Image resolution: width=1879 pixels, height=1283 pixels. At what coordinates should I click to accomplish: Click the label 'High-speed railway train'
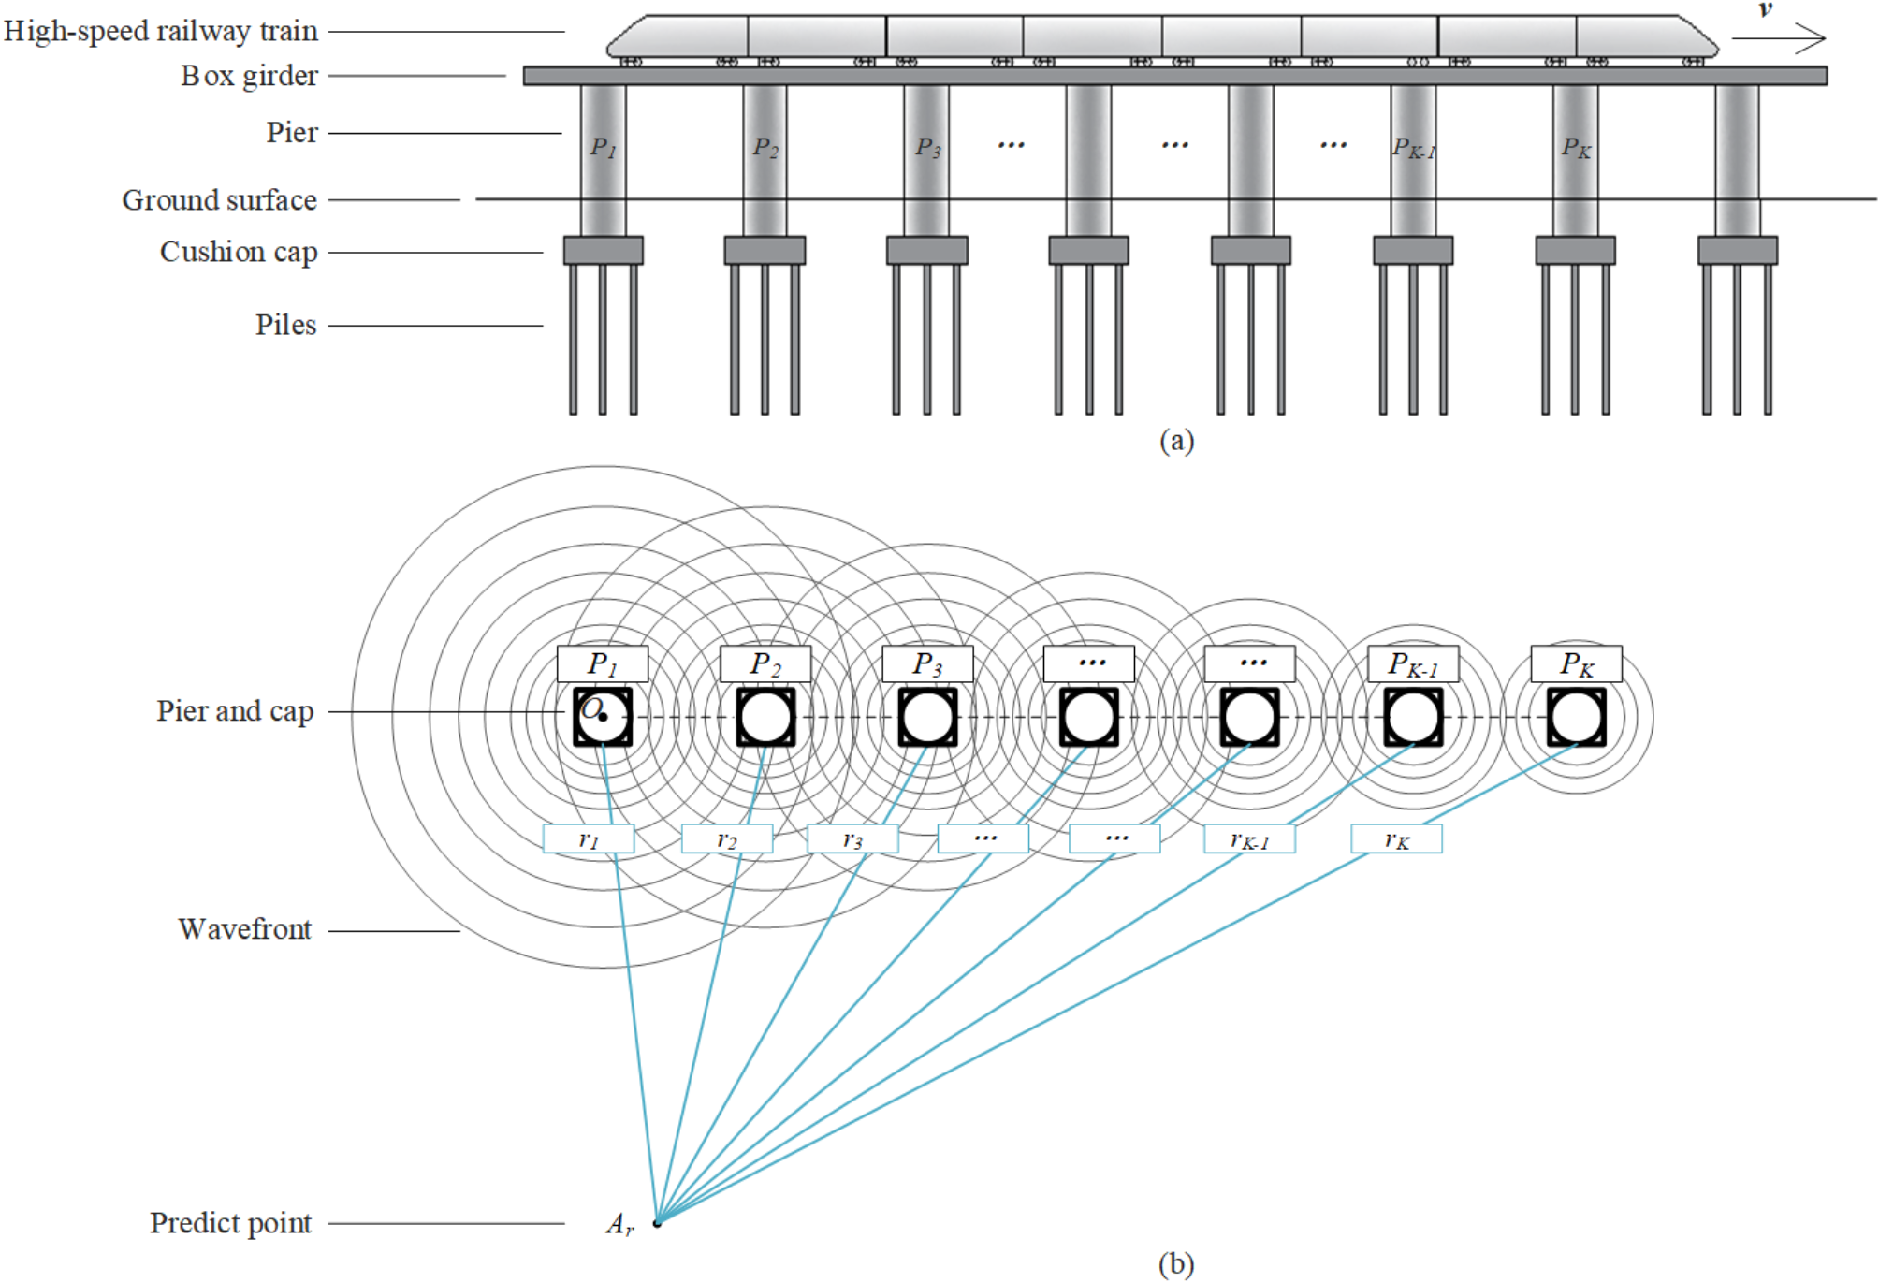[161, 32]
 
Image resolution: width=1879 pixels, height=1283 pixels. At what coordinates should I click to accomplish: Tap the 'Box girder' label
[249, 76]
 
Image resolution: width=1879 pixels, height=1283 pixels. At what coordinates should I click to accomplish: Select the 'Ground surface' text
[219, 200]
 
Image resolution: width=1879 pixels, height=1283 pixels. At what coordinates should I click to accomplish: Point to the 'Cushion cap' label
[239, 252]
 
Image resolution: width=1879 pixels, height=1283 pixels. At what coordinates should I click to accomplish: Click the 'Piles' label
[285, 325]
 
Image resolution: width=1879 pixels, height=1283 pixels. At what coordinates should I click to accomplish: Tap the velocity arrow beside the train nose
[1777, 38]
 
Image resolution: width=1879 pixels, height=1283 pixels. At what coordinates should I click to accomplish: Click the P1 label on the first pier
[603, 148]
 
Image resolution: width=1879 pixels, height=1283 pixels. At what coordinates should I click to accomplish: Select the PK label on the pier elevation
[1576, 148]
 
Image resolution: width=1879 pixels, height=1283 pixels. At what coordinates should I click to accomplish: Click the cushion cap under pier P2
[765, 250]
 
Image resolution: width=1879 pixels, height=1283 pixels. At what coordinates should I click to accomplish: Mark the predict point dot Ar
[657, 1222]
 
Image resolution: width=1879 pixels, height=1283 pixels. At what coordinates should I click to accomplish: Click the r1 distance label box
[589, 838]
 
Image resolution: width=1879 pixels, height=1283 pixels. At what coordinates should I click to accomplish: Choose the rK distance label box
[1396, 838]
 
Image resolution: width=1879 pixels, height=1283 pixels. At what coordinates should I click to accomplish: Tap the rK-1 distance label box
[1249, 838]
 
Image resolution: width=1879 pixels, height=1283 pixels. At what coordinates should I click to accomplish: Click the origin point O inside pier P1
[604, 717]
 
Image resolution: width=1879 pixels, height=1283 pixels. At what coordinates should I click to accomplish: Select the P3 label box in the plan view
[927, 663]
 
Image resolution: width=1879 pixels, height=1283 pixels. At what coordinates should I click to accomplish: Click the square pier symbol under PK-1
[1413, 717]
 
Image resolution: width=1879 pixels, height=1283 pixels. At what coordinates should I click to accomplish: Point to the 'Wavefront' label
[244, 929]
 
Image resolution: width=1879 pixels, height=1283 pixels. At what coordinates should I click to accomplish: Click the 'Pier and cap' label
[235, 711]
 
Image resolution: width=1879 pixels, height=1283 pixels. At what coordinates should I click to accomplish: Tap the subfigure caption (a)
[1176, 440]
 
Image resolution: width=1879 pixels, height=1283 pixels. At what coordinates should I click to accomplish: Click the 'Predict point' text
[230, 1223]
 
